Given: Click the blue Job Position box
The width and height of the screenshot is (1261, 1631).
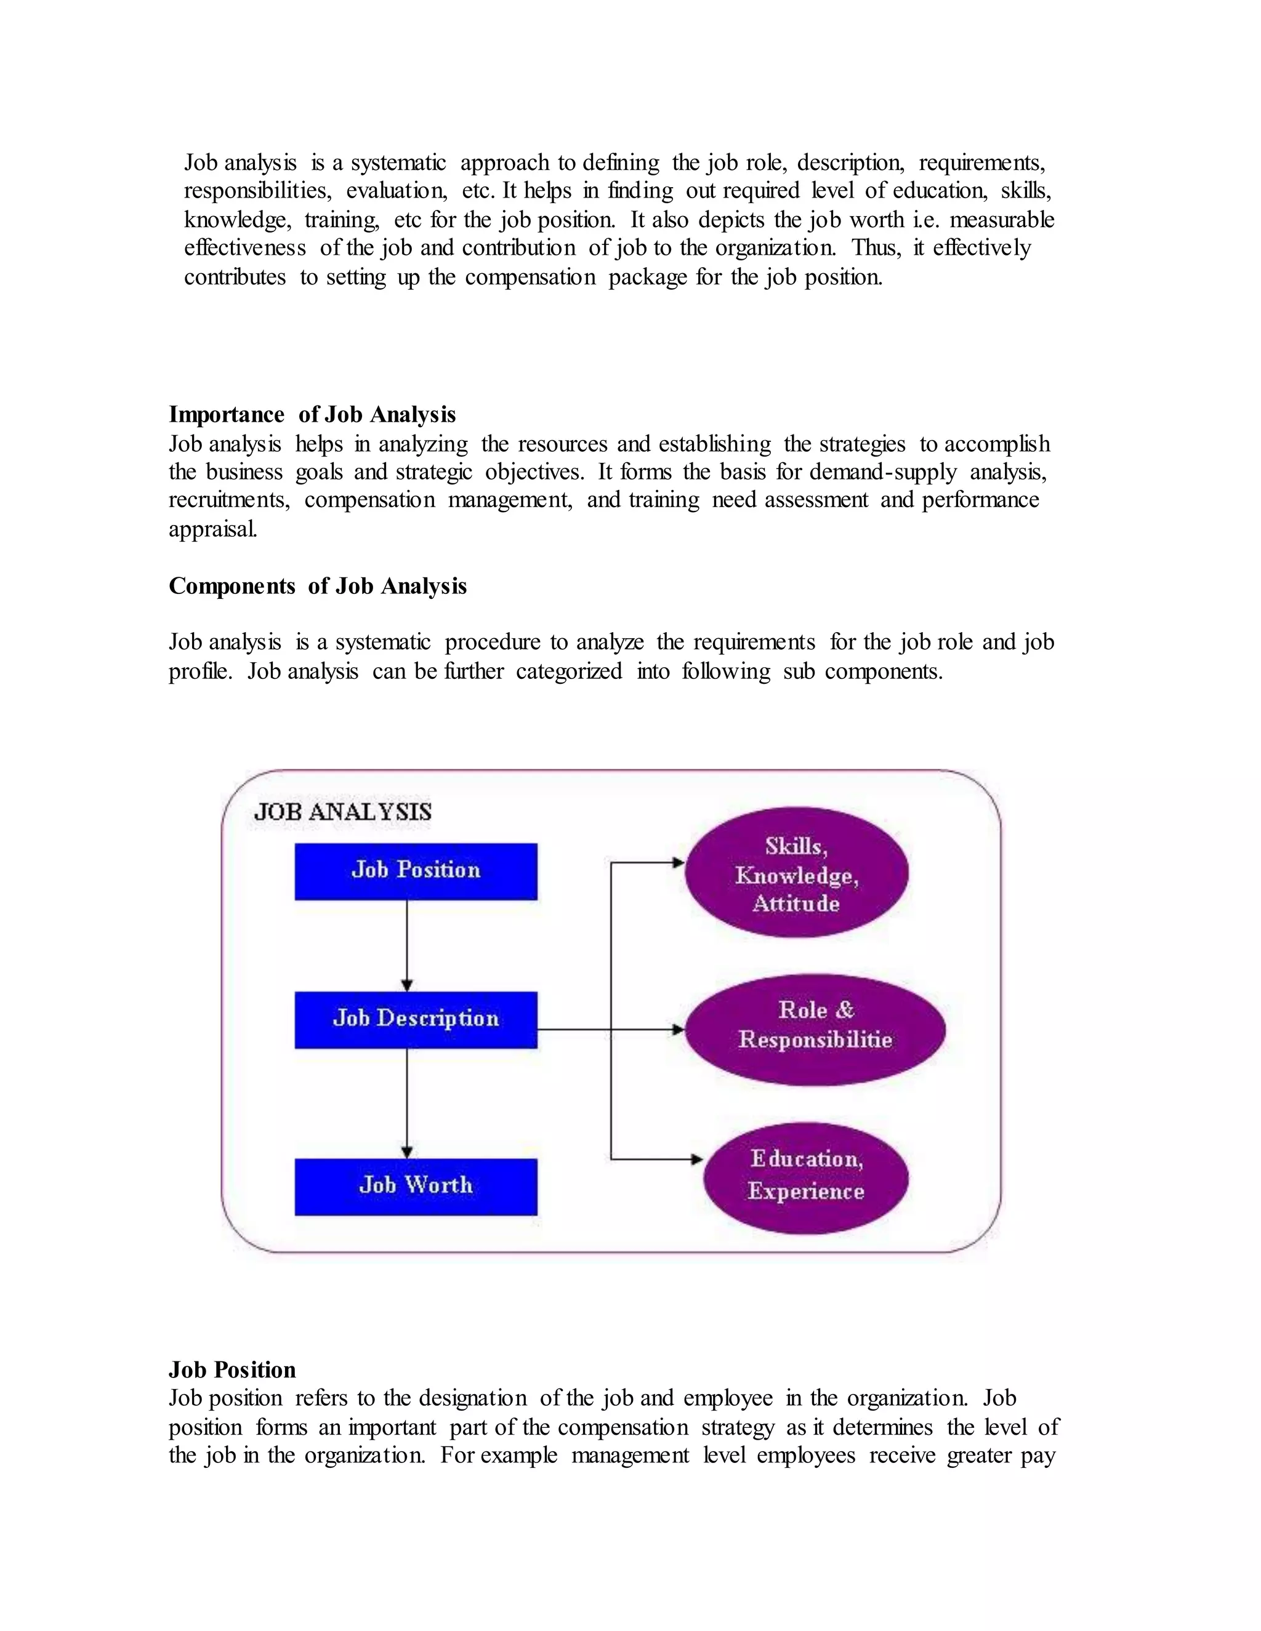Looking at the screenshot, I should [416, 871].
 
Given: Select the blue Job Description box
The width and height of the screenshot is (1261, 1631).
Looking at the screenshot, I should [416, 1019].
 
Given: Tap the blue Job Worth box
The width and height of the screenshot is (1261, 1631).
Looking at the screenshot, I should [416, 1187].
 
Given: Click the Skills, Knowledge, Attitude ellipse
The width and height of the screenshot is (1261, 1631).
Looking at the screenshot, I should [796, 873].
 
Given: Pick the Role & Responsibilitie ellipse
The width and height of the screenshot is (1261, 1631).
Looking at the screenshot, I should [815, 1029].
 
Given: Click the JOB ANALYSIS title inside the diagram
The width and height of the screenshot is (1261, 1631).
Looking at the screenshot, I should [343, 812].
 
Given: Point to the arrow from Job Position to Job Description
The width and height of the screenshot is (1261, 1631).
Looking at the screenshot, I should [407, 945].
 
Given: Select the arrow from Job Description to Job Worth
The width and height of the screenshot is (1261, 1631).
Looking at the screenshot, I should [407, 1103].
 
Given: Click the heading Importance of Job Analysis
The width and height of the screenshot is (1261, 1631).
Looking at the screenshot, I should [312, 414].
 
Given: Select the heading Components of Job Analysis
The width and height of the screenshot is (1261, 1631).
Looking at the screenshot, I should [318, 586].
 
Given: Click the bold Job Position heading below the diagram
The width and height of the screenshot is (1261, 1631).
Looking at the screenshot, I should [232, 1369].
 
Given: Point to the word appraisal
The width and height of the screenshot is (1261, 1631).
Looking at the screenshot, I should [213, 529].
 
